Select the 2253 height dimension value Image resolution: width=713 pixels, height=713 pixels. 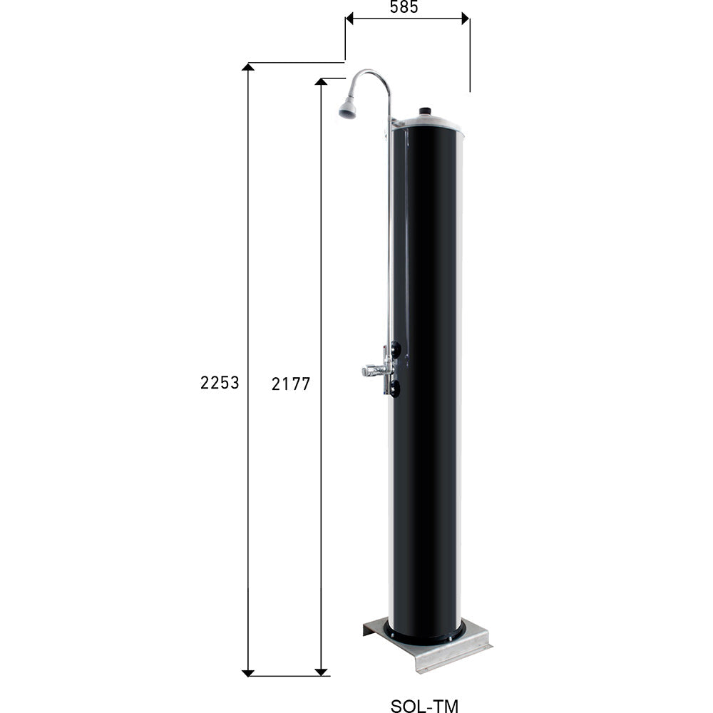point(219,383)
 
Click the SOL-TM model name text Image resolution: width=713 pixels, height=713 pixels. point(425,707)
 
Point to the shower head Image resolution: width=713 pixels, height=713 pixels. point(347,108)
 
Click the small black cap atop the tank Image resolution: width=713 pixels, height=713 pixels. point(426,111)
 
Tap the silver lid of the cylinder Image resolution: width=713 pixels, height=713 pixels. point(428,122)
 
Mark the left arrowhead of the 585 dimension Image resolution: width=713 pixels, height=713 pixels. point(349,19)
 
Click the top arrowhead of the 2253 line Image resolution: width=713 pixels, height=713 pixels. point(248,67)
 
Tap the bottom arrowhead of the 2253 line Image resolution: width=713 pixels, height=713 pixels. point(248,672)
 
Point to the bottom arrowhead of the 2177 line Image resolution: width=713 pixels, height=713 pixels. point(322,672)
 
